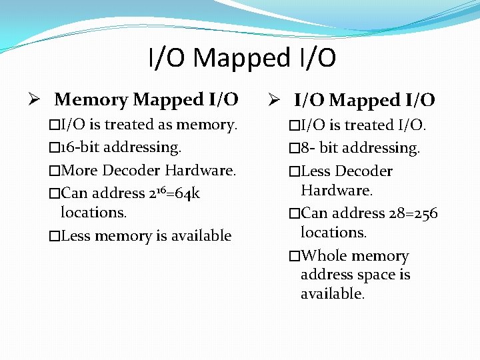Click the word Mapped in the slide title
pos(241,59)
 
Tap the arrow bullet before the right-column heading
pos(275,101)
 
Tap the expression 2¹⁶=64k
pos(175,193)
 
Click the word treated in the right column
pos(366,125)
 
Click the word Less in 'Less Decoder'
pos(316,171)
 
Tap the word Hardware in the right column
pos(336,191)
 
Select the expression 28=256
pos(413,213)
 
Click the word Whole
pos(323,256)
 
